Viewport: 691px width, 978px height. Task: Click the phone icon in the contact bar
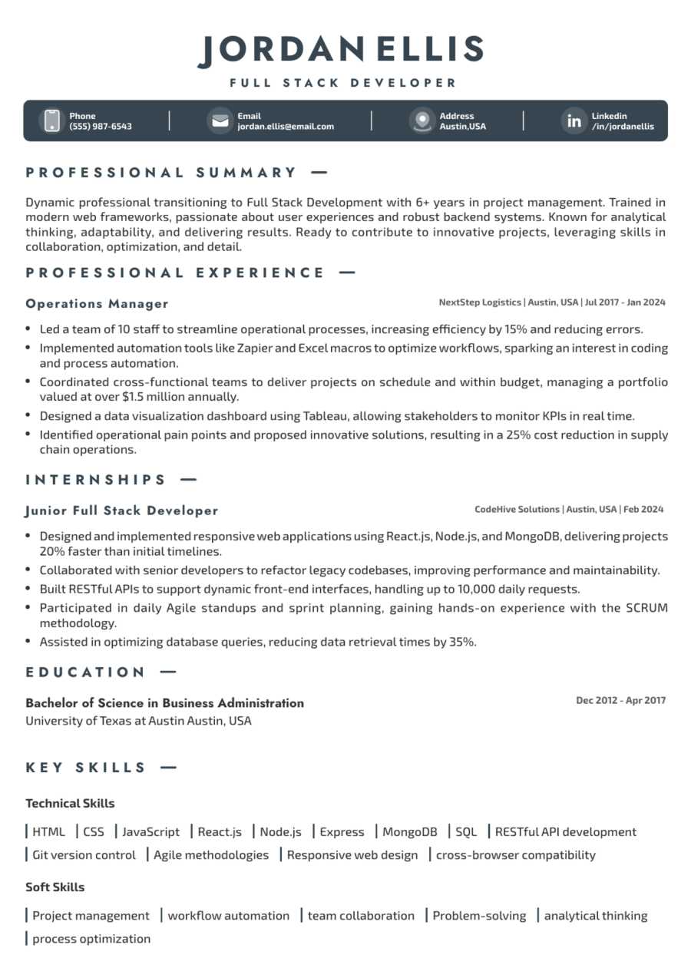click(x=51, y=121)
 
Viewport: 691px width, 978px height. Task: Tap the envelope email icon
click(x=220, y=121)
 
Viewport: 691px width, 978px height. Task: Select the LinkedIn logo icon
click(x=574, y=121)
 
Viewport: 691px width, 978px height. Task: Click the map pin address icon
click(x=422, y=121)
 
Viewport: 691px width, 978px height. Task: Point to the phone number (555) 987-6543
click(x=101, y=126)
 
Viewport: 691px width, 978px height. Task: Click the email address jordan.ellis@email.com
click(x=286, y=126)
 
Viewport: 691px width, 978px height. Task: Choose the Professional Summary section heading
click(x=161, y=173)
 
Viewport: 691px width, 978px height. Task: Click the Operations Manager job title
click(x=97, y=303)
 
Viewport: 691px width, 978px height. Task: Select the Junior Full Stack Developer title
click(x=122, y=510)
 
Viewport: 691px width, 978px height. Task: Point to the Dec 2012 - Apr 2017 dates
click(x=621, y=700)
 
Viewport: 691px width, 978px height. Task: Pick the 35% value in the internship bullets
click(x=461, y=642)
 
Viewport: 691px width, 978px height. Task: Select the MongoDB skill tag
click(x=409, y=831)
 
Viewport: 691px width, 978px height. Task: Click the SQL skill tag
click(x=466, y=831)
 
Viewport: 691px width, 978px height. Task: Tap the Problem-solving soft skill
click(x=479, y=915)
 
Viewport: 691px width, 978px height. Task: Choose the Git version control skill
click(x=84, y=854)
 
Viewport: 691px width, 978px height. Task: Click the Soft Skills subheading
click(x=55, y=887)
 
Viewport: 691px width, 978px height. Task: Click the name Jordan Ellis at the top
click(x=341, y=50)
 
